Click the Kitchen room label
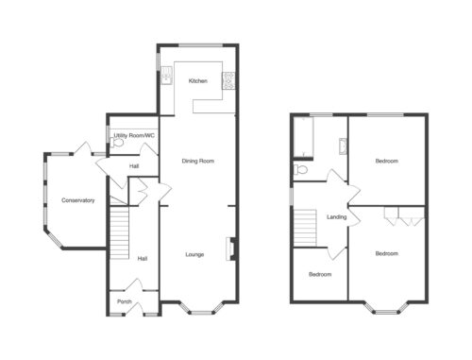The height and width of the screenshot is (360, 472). tap(198, 81)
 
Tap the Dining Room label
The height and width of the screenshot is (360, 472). tap(198, 161)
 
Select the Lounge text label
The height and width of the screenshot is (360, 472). tap(194, 254)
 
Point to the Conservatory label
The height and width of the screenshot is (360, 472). tap(78, 200)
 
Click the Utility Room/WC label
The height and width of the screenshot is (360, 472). tap(134, 136)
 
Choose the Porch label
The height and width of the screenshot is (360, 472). tap(125, 301)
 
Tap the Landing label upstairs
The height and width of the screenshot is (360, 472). tap(337, 217)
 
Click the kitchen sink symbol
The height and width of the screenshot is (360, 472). tap(166, 76)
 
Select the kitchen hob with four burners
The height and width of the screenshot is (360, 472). tap(228, 80)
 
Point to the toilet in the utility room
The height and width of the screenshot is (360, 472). tap(116, 143)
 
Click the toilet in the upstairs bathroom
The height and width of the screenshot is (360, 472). tap(300, 170)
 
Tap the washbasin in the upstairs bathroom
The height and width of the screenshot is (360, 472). tap(343, 146)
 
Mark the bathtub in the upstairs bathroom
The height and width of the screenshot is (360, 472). tap(304, 137)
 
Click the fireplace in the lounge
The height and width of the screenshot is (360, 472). tap(231, 249)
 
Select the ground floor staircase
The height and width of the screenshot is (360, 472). tap(120, 232)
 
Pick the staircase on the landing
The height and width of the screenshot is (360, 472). tap(305, 228)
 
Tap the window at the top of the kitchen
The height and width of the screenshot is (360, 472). tap(201, 45)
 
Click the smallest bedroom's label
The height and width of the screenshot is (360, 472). tap(320, 274)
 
